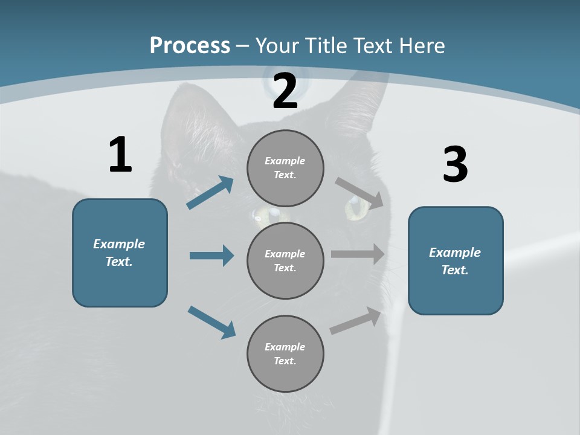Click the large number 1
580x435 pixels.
point(120,155)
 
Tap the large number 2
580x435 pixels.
point(285,91)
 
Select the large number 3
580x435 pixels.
point(455,165)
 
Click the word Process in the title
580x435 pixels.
point(190,45)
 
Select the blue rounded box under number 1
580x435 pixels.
point(120,253)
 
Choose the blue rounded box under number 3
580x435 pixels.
point(456,260)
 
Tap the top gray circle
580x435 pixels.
point(285,168)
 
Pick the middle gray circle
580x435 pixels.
point(285,260)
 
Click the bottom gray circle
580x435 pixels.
point(285,353)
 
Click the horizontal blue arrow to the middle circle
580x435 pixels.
point(211,256)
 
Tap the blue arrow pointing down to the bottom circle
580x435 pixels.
point(212,322)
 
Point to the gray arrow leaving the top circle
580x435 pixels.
point(359,193)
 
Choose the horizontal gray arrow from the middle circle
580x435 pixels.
point(358,254)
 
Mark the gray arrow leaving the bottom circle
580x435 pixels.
point(356,321)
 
